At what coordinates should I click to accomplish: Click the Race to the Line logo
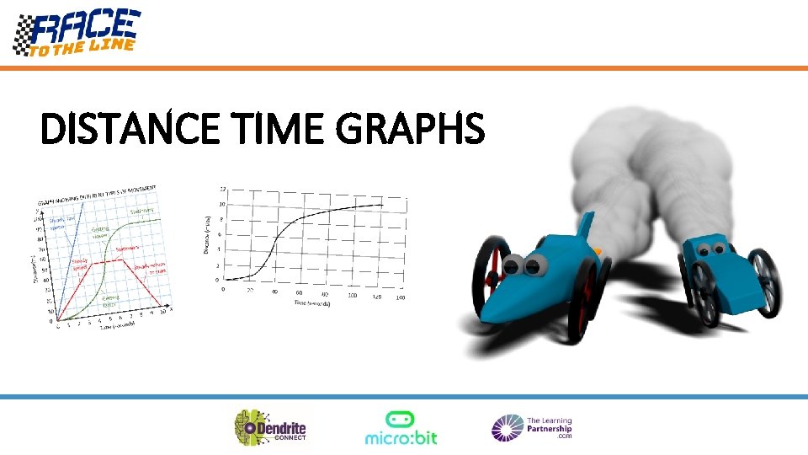[77, 32]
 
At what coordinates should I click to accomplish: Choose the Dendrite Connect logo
[271, 427]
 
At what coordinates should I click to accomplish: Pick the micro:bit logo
[401, 427]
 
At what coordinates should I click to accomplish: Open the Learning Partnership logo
[532, 428]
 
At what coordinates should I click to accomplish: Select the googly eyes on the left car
[524, 266]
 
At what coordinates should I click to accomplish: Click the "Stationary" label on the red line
[128, 249]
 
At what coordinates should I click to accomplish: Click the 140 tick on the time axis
[400, 297]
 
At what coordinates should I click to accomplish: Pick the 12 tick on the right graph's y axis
[222, 188]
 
